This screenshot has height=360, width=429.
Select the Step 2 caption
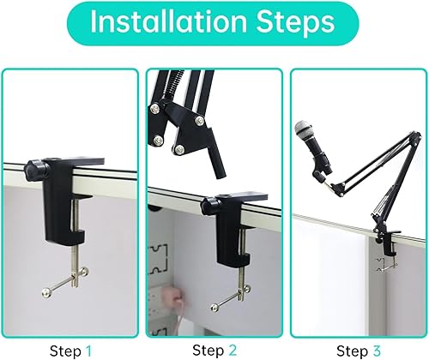[214, 350]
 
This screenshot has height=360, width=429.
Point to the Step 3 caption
[358, 350]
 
